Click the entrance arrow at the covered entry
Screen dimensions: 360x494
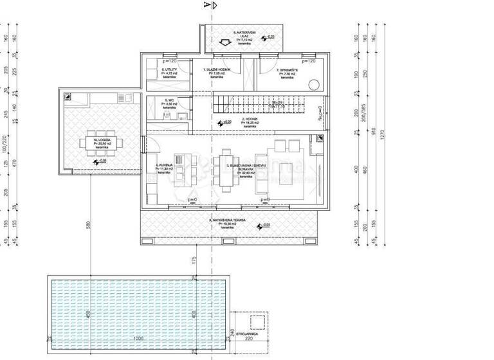[x=224, y=44]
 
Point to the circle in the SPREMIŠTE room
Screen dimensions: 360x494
[x=315, y=84]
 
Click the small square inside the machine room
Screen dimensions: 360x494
[x=259, y=321]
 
